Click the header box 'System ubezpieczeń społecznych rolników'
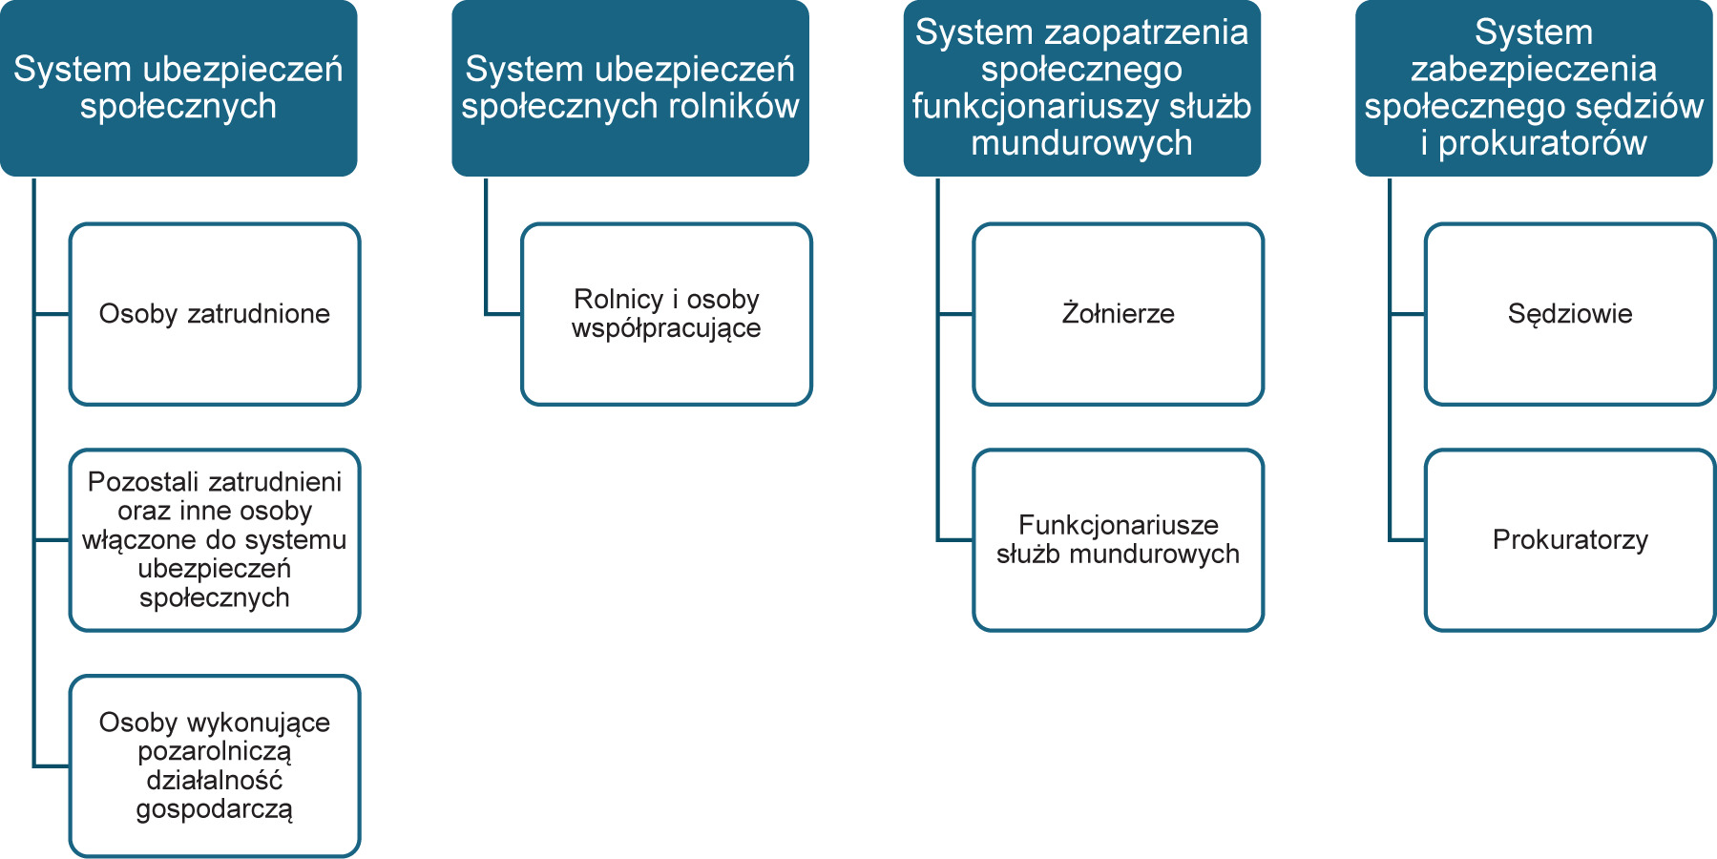click(x=630, y=88)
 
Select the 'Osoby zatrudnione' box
click(x=215, y=314)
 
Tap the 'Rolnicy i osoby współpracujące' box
click(x=666, y=314)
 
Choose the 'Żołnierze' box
click(x=1119, y=314)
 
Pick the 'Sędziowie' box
click(x=1570, y=314)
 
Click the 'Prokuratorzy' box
click(x=1570, y=540)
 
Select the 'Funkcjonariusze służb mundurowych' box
click(x=1119, y=540)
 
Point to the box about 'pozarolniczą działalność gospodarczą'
click(x=215, y=766)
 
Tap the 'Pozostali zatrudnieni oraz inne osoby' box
click(x=215, y=540)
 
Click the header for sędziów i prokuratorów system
click(x=1534, y=88)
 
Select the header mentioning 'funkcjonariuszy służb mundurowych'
click(x=1082, y=88)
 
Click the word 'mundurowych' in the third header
click(x=1082, y=143)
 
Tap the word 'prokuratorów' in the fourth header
click(x=1542, y=143)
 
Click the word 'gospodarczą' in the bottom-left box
click(x=215, y=809)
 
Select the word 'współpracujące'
click(x=666, y=328)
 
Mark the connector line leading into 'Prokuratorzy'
click(x=1407, y=540)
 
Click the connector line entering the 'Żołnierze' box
click(x=955, y=314)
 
